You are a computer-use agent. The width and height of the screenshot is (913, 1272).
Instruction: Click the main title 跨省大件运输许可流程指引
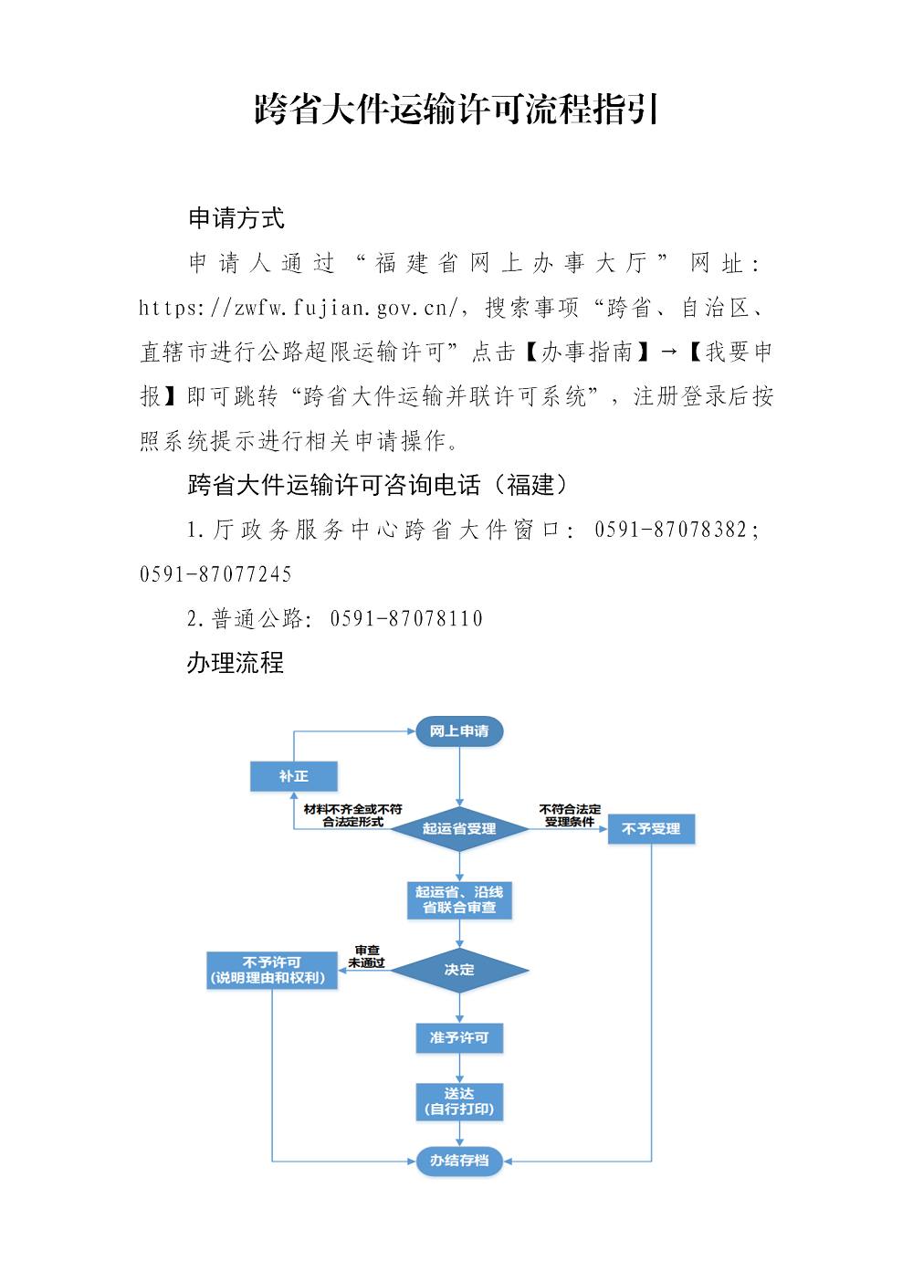coord(456,109)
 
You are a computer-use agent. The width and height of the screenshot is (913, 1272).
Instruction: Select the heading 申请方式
coord(236,218)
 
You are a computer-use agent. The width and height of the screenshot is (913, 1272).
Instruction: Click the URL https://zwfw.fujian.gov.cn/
coord(298,308)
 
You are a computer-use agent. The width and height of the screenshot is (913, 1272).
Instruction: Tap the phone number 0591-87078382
coord(670,530)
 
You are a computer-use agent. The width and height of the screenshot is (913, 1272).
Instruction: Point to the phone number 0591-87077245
coord(215,574)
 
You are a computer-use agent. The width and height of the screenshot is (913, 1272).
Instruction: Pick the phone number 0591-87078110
coord(406,619)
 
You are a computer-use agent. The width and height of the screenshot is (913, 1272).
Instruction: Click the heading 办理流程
coord(235,663)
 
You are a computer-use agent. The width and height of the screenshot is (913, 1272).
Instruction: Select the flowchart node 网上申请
coord(459,731)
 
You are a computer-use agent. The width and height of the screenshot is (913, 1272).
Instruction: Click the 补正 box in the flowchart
coord(294,776)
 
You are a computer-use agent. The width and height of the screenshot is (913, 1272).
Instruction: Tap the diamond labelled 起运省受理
coord(459,829)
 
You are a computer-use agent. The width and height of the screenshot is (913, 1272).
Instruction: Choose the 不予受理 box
coord(651,829)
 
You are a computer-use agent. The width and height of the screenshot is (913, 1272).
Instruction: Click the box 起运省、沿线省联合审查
coord(459,899)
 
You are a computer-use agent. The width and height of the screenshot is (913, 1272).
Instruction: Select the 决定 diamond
coord(459,970)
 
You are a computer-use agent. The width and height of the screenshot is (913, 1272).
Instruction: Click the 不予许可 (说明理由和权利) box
coord(272,970)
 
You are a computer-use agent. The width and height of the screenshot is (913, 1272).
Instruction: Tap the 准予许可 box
coord(459,1038)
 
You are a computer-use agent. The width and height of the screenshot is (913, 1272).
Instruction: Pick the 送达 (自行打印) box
coord(459,1101)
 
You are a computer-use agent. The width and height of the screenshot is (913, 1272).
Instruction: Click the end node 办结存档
coord(459,1161)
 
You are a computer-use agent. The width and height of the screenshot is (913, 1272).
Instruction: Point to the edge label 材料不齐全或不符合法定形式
coord(352,815)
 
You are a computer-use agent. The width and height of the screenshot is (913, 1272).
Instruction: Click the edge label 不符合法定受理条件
coord(570,815)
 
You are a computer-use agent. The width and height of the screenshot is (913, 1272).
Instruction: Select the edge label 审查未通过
coord(366,957)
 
